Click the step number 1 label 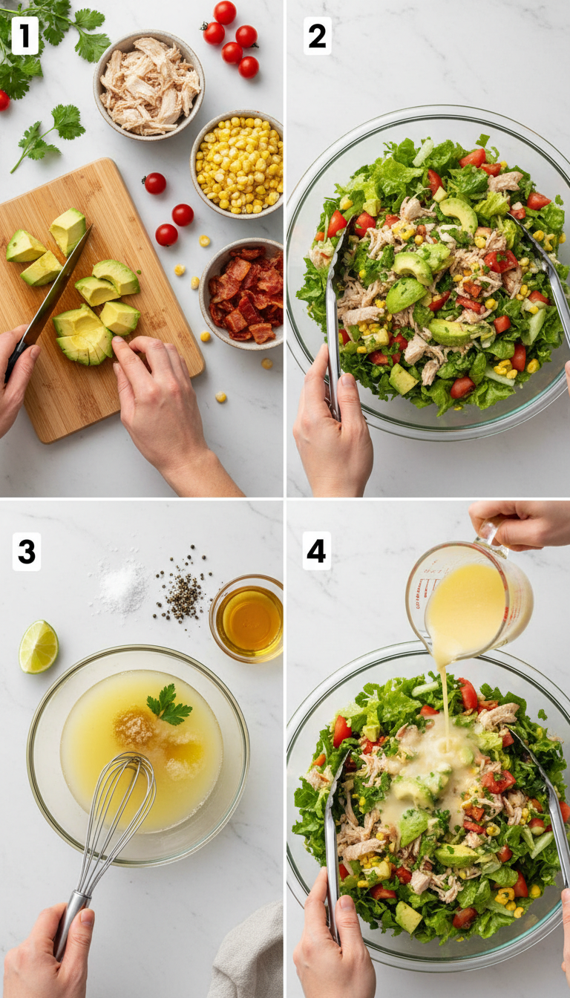click(x=24, y=36)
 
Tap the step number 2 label click(x=317, y=36)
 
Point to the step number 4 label click(x=316, y=551)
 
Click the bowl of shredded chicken click(x=149, y=84)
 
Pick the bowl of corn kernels click(x=237, y=164)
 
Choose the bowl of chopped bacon click(x=243, y=293)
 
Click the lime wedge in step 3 click(x=39, y=647)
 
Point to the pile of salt click(x=122, y=587)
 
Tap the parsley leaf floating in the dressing click(x=168, y=705)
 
